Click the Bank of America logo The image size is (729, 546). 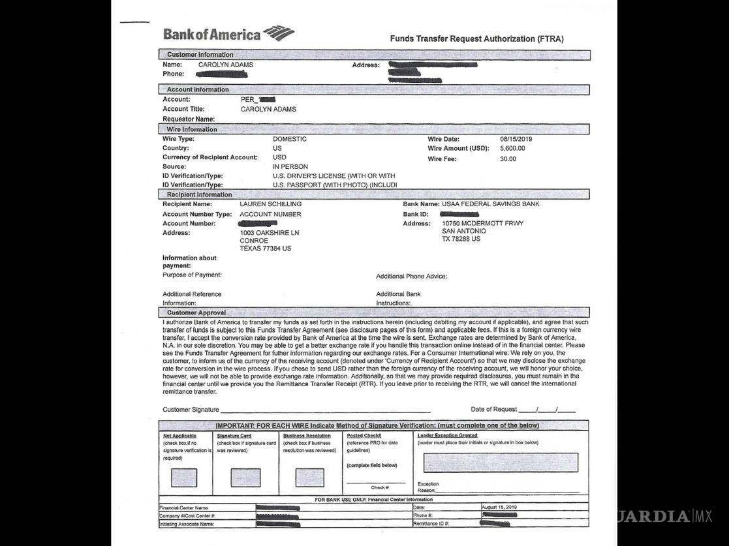(228, 34)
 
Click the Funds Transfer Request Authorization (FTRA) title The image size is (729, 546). (476, 39)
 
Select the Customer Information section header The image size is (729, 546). (200, 55)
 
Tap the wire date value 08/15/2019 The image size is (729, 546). (517, 139)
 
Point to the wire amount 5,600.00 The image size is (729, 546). (512, 149)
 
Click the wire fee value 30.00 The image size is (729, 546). (508, 159)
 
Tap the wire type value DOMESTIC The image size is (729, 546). (289, 139)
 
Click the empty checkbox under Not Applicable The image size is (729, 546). (183, 478)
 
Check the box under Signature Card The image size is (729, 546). (245, 478)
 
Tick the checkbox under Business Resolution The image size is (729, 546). (309, 478)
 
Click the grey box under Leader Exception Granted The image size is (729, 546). (501, 463)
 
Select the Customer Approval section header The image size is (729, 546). (196, 313)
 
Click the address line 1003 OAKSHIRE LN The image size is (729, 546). (270, 233)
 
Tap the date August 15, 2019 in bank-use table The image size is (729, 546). (499, 507)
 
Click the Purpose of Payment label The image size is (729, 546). (192, 275)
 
